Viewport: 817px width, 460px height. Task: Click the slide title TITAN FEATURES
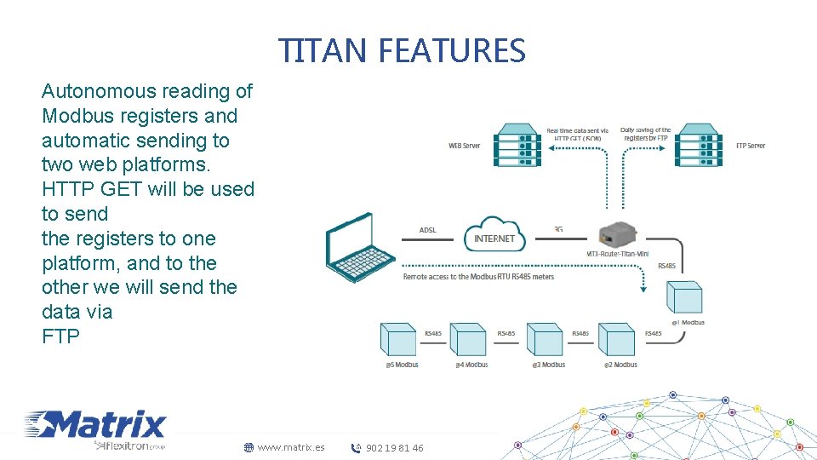click(x=403, y=51)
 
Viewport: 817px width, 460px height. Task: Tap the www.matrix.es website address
click(x=290, y=447)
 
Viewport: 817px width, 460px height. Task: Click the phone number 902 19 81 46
click(x=394, y=448)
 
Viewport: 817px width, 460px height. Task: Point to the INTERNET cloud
click(x=494, y=236)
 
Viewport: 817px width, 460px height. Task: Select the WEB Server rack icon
click(x=517, y=146)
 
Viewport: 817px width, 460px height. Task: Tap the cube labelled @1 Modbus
click(x=685, y=298)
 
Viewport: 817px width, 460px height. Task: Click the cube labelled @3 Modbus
click(x=546, y=340)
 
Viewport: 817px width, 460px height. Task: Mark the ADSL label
click(x=428, y=230)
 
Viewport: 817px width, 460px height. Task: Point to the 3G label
click(x=558, y=229)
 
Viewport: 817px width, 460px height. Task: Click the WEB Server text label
click(x=465, y=146)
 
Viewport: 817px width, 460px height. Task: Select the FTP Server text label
click(x=751, y=146)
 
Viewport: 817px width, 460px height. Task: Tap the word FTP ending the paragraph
click(x=60, y=336)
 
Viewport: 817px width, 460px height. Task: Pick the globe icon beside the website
click(x=249, y=447)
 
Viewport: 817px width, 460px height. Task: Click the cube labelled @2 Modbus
click(x=616, y=340)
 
